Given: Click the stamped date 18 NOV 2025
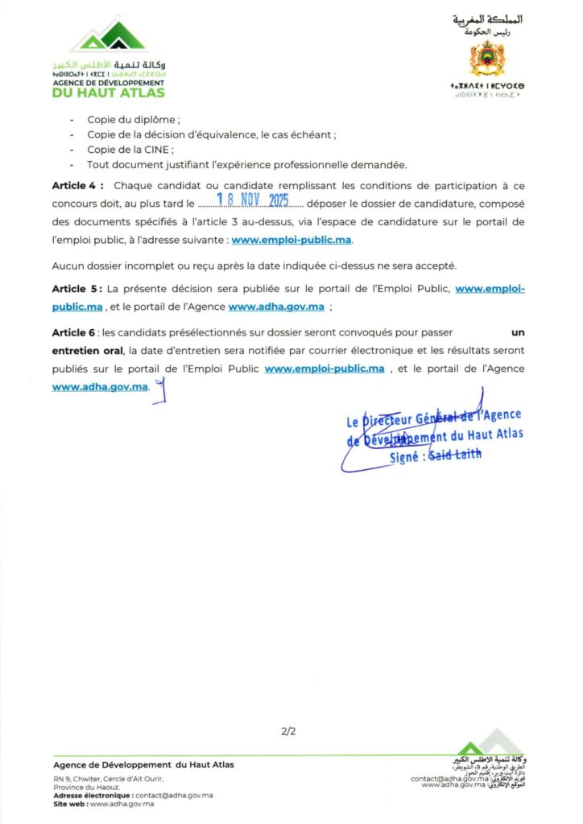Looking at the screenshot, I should pyautogui.click(x=253, y=203).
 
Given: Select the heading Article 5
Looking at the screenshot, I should pyautogui.click(x=77, y=288).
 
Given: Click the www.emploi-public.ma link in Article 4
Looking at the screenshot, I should pyautogui.click(x=291, y=239).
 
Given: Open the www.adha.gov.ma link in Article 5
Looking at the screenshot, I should pyautogui.click(x=276, y=307).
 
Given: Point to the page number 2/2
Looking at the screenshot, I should pyautogui.click(x=289, y=731).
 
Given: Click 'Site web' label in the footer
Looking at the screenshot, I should pyautogui.click(x=69, y=804).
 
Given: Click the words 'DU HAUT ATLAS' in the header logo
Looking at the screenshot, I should pyautogui.click(x=108, y=93).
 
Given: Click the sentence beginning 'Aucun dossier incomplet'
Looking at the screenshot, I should pyautogui.click(x=254, y=265).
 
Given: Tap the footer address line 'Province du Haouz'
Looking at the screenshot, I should pyautogui.click(x=86, y=787).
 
